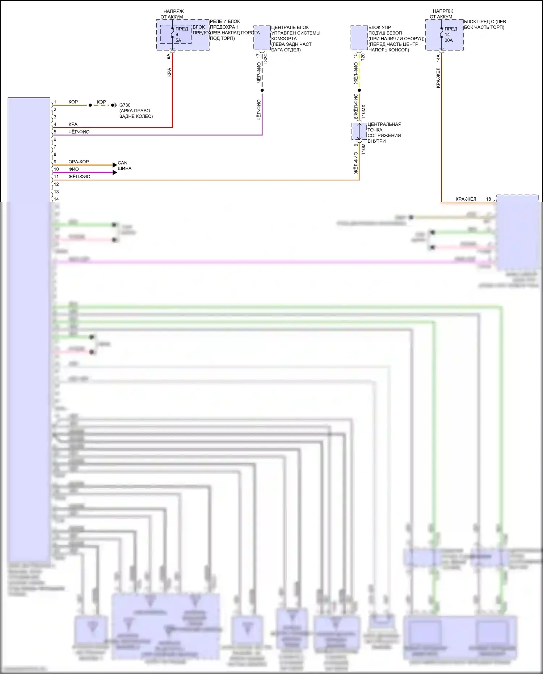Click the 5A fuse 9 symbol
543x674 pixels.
(172, 34)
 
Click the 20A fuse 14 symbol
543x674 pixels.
(442, 34)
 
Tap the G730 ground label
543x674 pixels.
(125, 105)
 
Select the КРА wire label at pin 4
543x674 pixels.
(73, 124)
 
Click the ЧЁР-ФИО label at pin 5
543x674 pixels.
(79, 132)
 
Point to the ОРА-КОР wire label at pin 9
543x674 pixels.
(79, 162)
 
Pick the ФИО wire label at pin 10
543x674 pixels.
(73, 169)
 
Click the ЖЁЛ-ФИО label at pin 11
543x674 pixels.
(79, 177)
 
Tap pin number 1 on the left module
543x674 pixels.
(55, 102)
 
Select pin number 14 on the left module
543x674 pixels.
(56, 199)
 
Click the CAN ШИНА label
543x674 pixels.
(124, 166)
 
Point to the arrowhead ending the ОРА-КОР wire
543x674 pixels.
(115, 165)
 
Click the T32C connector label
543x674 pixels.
(265, 58)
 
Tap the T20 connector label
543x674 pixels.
(363, 57)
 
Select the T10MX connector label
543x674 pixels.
(363, 112)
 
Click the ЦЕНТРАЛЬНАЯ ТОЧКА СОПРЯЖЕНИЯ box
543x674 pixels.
(359, 131)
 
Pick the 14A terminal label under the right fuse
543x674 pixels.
(438, 58)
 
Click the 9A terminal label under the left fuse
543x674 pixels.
(169, 56)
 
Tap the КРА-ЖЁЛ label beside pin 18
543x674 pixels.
(466, 199)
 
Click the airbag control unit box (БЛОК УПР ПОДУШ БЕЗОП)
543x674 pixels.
(359, 38)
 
